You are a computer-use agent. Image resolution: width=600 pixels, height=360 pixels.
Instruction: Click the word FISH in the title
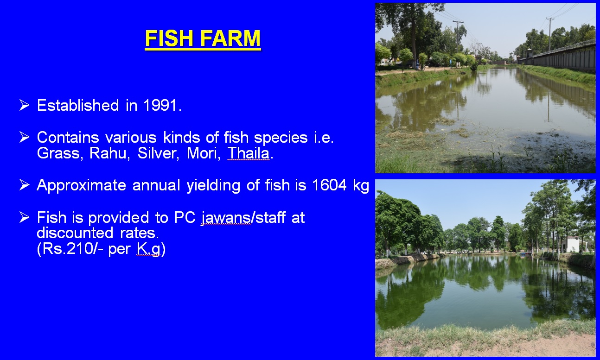coord(169,38)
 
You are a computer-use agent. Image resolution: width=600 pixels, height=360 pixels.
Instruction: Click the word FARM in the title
coord(230,38)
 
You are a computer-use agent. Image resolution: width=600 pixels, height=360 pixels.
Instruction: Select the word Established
coord(78,105)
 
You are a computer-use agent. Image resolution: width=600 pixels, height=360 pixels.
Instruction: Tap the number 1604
coord(329,185)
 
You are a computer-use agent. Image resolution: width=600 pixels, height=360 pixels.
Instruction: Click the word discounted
coord(75,233)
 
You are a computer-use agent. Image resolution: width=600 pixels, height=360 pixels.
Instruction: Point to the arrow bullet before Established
coord(25,105)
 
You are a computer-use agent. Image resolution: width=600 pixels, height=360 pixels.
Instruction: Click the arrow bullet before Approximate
coord(25,185)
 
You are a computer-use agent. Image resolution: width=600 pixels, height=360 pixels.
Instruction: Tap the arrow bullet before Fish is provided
coord(25,217)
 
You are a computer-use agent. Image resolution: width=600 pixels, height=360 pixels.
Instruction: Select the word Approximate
coord(82,185)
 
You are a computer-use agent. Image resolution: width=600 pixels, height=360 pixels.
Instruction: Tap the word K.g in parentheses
coord(148,249)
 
